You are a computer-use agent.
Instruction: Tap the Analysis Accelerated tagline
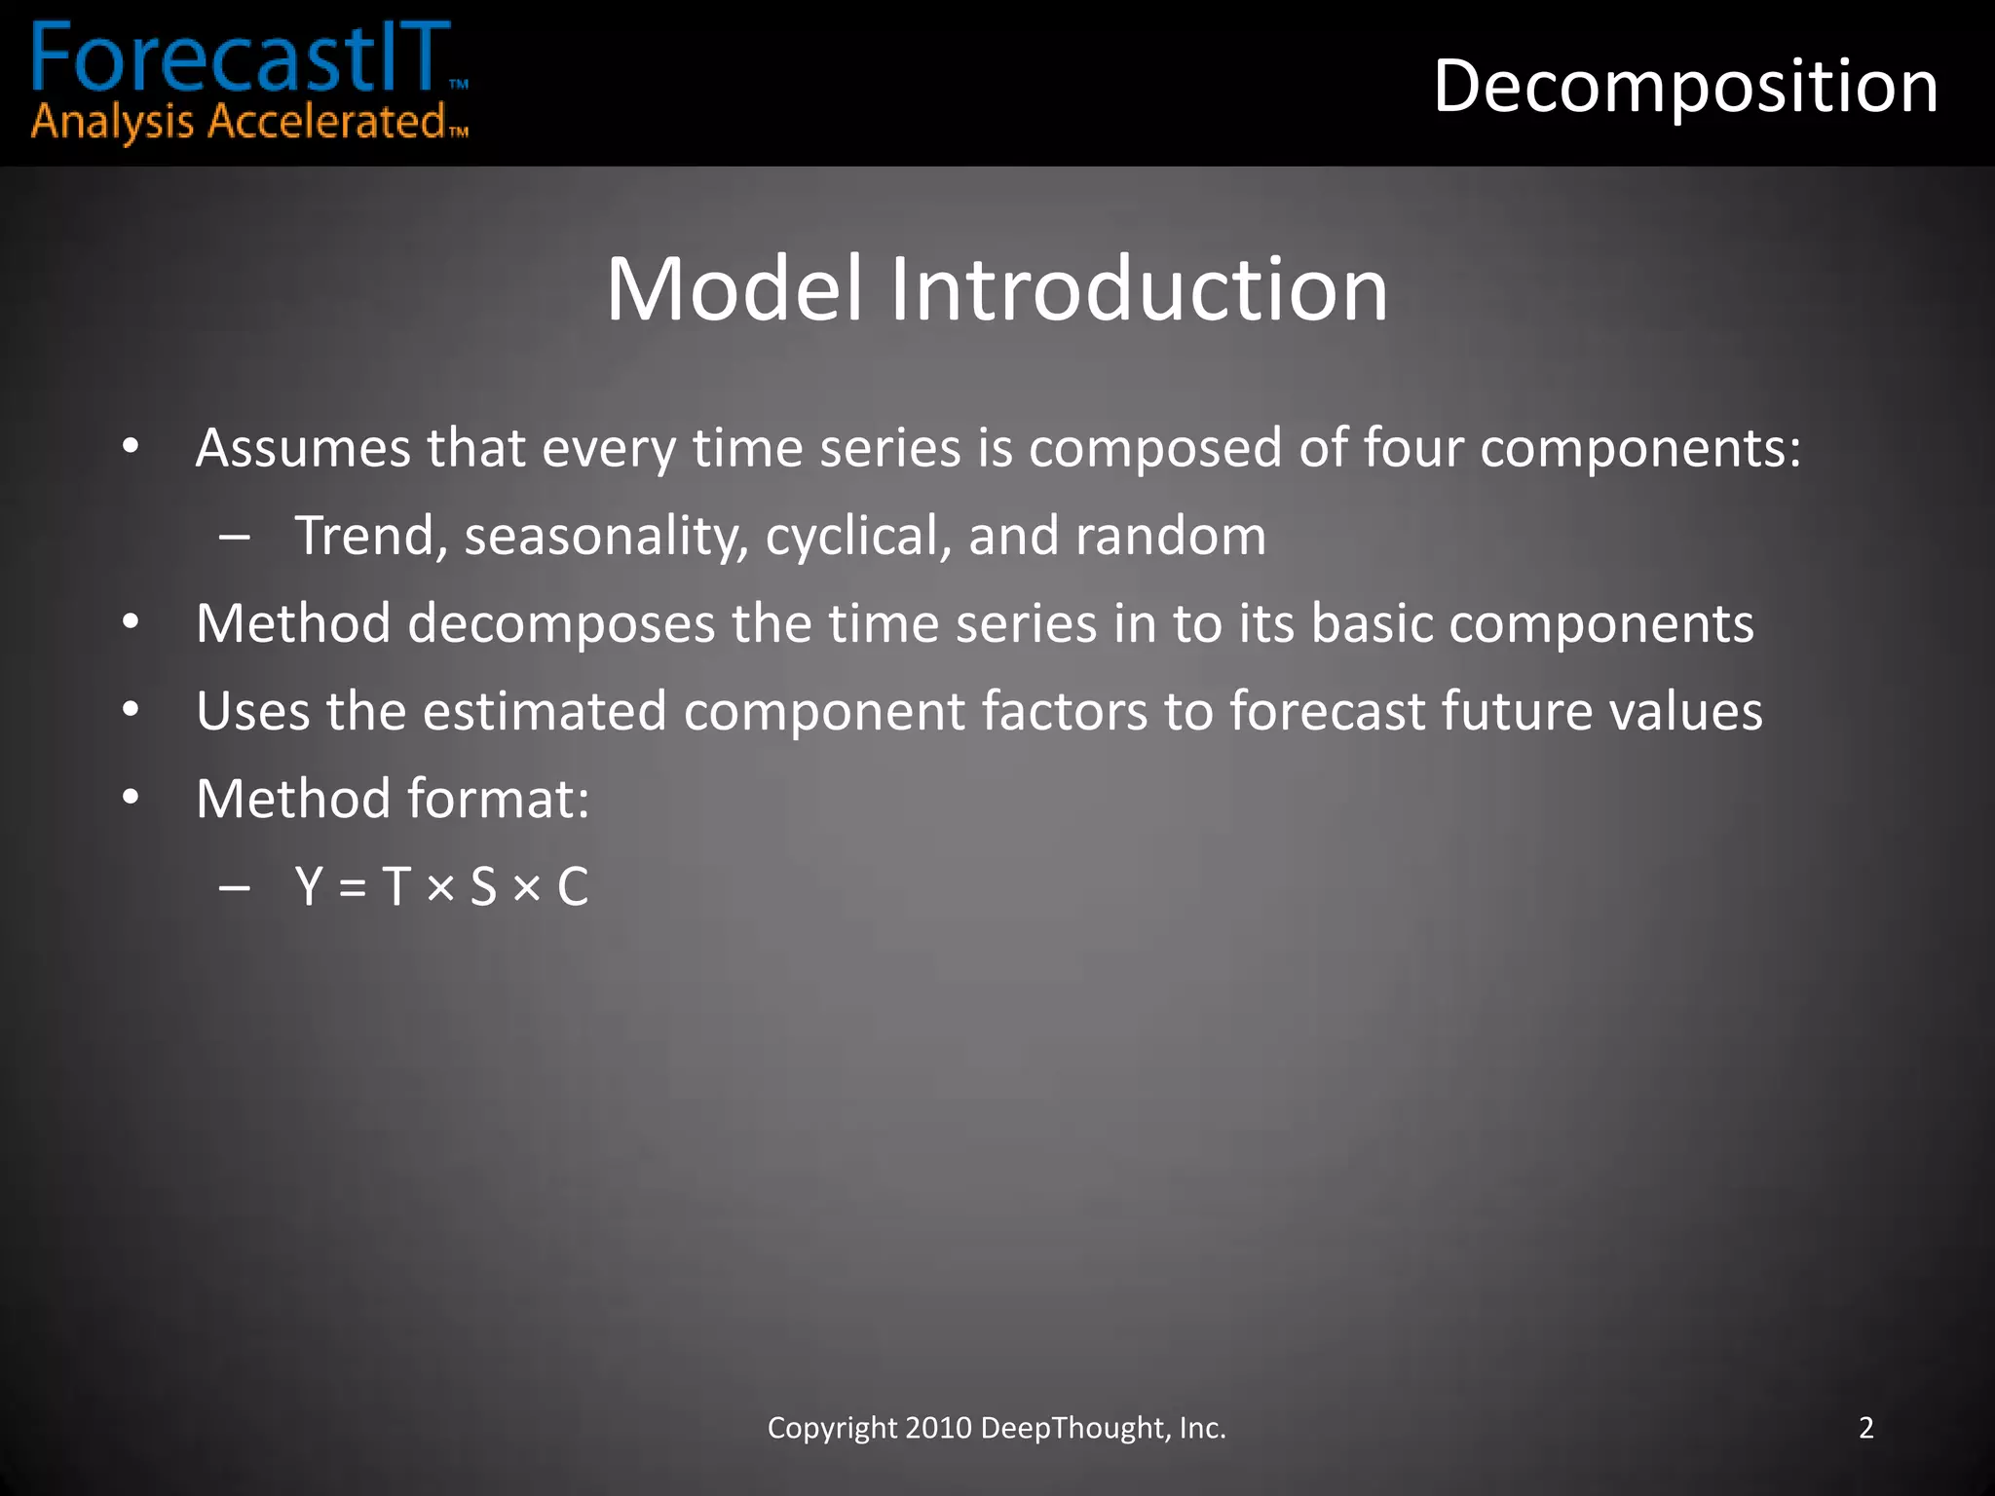(239, 123)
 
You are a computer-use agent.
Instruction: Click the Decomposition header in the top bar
(1685, 88)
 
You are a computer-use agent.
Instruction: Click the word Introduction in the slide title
(1139, 289)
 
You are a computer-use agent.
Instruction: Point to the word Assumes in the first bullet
(303, 449)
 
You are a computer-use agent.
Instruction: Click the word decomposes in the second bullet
(561, 625)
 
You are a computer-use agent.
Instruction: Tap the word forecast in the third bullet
(1327, 712)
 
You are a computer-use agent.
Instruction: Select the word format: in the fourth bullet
(498, 800)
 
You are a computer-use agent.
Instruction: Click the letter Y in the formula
(310, 887)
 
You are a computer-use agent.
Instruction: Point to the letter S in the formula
(483, 887)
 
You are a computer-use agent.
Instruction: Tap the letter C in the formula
(573, 887)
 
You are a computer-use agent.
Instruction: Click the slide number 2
(1865, 1428)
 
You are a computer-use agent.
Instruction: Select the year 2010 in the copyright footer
(938, 1428)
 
